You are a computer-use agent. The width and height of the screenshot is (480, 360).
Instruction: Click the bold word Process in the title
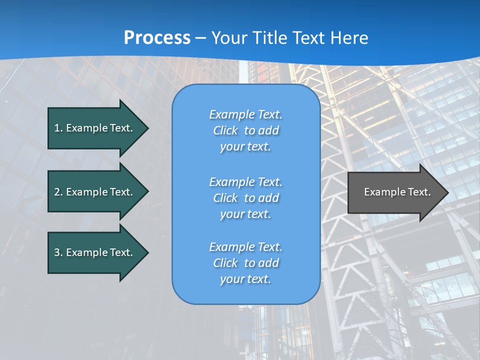pyautogui.click(x=157, y=38)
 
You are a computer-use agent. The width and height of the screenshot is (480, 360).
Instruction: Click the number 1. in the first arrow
pyautogui.click(x=58, y=128)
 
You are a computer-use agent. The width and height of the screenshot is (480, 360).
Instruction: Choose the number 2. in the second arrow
pyautogui.click(x=58, y=192)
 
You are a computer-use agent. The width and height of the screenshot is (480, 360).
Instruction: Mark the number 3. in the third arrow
pyautogui.click(x=58, y=252)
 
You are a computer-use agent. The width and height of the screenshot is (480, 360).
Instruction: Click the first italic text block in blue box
pyautogui.click(x=245, y=130)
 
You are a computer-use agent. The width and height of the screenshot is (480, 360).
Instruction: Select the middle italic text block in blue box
pyautogui.click(x=245, y=198)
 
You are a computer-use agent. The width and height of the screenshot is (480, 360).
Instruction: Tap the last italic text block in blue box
pyautogui.click(x=245, y=263)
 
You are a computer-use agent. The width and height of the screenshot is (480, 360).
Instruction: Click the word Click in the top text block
pyautogui.click(x=225, y=131)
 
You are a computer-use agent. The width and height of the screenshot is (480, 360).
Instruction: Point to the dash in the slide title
pyautogui.click(x=200, y=38)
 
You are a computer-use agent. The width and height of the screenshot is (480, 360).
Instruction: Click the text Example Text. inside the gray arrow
pyautogui.click(x=397, y=192)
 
